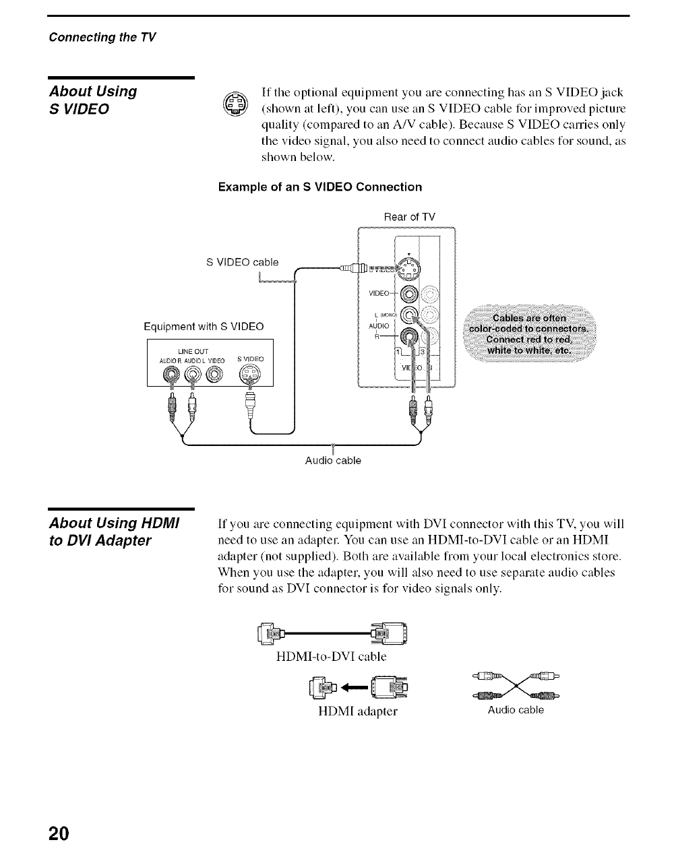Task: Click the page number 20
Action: (x=59, y=833)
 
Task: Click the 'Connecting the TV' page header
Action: (x=102, y=37)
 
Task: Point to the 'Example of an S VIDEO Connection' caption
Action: (x=320, y=187)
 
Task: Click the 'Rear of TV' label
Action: (x=409, y=217)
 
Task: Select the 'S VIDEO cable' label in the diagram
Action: (x=242, y=261)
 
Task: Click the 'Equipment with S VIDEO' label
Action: (x=204, y=327)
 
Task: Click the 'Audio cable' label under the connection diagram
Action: (x=333, y=461)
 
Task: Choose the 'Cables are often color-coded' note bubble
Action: (x=529, y=335)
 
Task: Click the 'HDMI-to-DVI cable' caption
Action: (x=332, y=655)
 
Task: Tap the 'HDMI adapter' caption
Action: (x=358, y=711)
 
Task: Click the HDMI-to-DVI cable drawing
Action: (x=332, y=633)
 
